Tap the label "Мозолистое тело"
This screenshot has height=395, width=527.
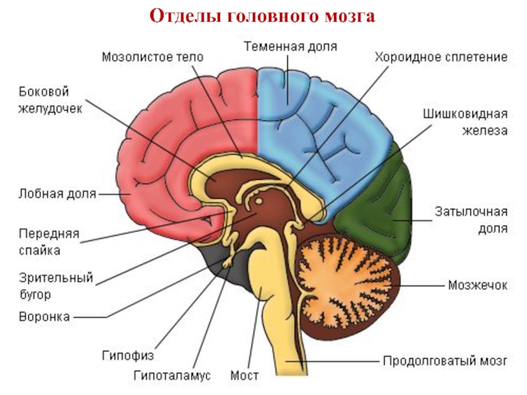[x=153, y=57]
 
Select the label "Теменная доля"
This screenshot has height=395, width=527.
[x=291, y=47]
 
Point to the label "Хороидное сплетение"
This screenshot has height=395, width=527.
[x=441, y=57]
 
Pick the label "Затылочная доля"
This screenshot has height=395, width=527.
[x=470, y=220]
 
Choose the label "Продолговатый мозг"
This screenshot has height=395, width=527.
[x=445, y=361]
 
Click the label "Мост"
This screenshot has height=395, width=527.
[x=244, y=377]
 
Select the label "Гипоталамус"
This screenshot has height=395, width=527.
[x=172, y=377]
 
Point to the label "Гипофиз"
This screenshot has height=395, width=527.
[x=127, y=356]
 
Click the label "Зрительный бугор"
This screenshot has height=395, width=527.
[x=55, y=284]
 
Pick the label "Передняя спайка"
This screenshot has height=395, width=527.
[x=49, y=242]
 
